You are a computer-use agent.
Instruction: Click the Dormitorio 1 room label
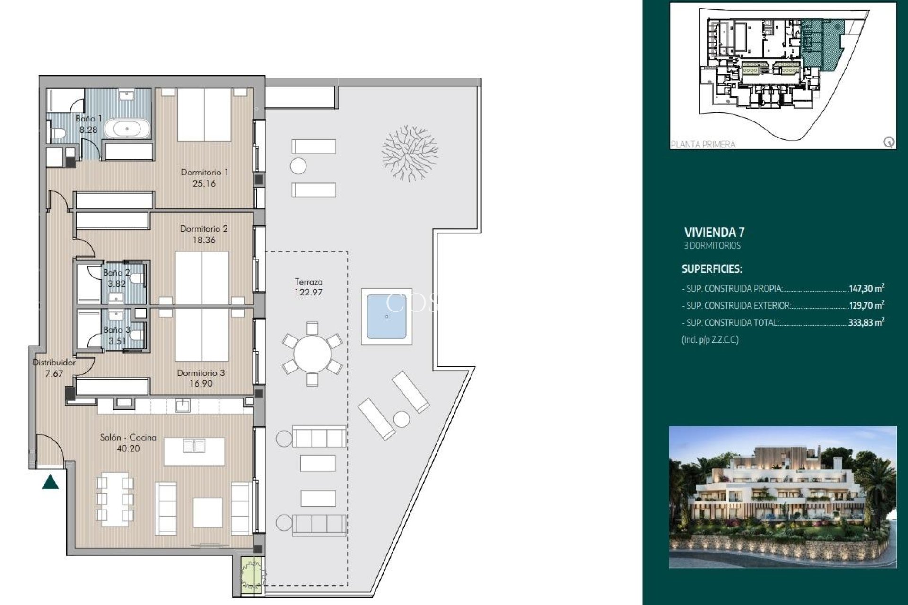click(x=204, y=173)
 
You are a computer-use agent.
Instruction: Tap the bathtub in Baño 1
click(x=127, y=129)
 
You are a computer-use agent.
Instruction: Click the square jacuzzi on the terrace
click(x=386, y=317)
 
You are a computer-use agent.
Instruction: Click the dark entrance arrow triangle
click(x=50, y=483)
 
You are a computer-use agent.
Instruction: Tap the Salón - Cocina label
click(x=128, y=438)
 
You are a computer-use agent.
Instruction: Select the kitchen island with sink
click(x=194, y=451)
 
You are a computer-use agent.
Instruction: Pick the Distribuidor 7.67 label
click(x=54, y=368)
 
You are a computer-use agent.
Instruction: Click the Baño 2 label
click(x=116, y=273)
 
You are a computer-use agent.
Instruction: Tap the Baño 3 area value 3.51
click(x=117, y=341)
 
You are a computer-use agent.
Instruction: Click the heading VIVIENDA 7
click(x=714, y=232)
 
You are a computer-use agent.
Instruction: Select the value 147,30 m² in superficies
click(x=866, y=288)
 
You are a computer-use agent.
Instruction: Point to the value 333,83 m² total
click(x=866, y=323)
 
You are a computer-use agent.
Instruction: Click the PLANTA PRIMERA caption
click(x=703, y=144)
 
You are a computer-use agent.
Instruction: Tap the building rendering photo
click(x=782, y=496)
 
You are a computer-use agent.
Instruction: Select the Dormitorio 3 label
click(x=201, y=373)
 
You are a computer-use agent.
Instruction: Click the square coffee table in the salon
click(x=208, y=512)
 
